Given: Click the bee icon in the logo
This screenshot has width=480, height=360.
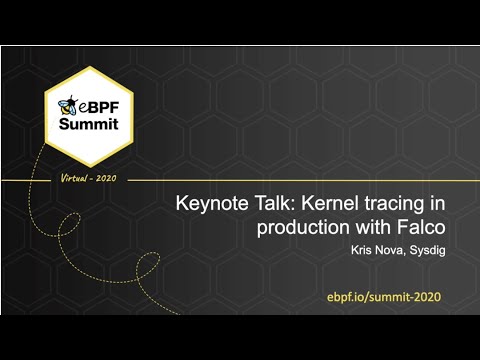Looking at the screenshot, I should pos(67,104).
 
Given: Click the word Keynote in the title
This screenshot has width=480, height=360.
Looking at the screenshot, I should pos(209,204).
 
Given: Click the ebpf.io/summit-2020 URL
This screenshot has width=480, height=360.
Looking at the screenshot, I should pos(383,297).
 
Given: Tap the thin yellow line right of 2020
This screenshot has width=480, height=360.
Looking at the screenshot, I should pos(300,180).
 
